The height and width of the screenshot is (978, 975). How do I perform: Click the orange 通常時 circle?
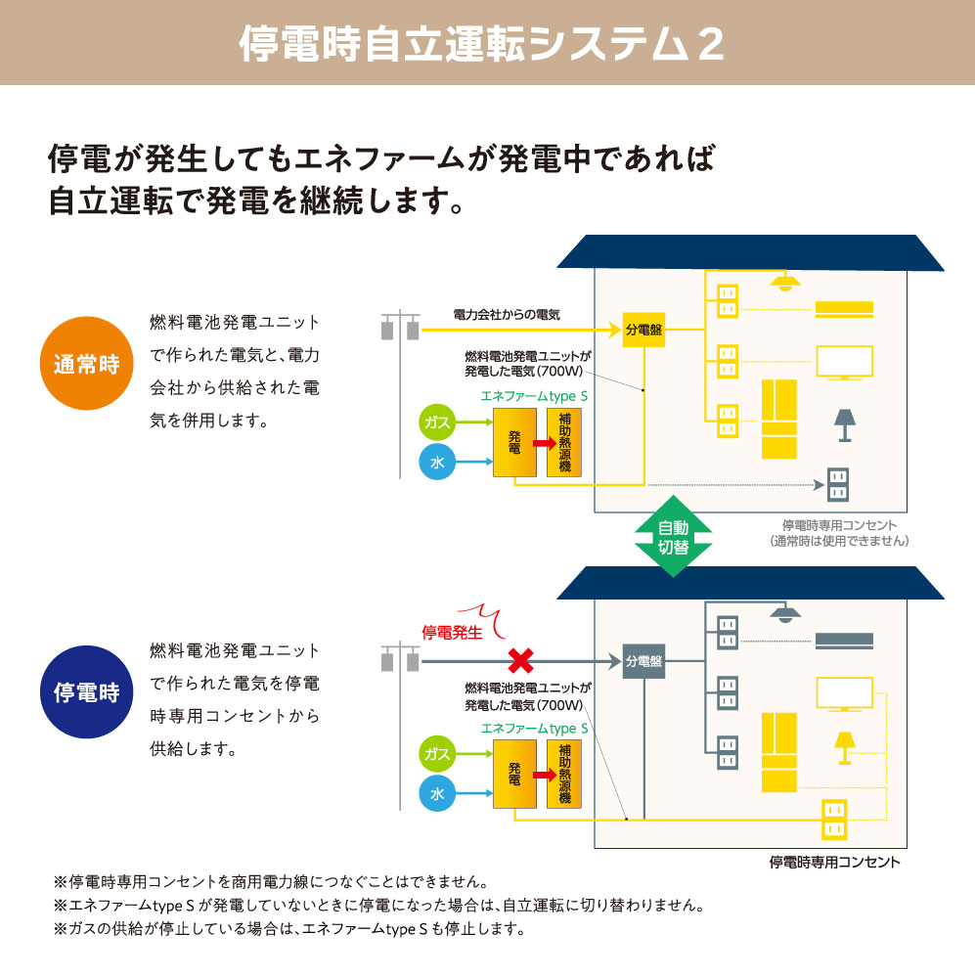point(86,365)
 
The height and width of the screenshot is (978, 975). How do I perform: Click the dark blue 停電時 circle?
point(86,692)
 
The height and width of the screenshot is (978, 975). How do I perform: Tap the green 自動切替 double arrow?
point(673,538)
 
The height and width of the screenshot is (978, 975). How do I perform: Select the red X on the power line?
point(518,661)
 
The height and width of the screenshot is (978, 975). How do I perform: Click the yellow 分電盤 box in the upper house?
point(643,331)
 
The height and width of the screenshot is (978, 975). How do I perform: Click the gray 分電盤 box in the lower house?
point(643,662)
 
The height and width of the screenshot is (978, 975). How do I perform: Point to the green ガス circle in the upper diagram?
point(437,422)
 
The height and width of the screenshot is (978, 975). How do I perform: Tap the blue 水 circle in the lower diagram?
point(437,794)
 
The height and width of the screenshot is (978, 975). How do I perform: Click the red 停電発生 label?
point(452,633)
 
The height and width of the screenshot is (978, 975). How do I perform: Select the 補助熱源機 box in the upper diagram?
point(564,443)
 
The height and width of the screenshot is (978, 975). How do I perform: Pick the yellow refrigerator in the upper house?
point(779,419)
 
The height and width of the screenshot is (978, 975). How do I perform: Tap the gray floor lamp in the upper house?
point(842,424)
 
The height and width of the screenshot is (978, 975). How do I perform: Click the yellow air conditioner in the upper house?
point(845,310)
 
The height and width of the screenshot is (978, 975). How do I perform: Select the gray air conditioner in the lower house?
point(845,642)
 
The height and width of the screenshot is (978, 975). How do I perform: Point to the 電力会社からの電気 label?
point(507,315)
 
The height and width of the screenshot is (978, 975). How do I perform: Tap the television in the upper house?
point(845,363)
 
